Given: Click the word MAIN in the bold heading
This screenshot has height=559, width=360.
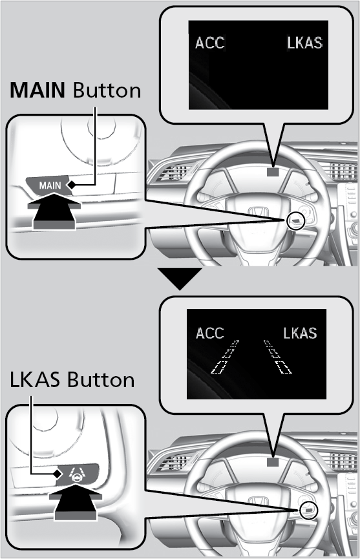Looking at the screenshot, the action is coord(37,90).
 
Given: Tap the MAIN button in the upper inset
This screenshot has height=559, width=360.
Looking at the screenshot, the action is coord(49,185).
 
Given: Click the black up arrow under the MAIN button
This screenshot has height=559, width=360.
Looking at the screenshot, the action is coord(54,211).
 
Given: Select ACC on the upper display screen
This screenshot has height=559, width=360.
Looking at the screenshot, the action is coord(210,43).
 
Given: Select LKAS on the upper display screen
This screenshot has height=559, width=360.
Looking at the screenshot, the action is coord(305,43).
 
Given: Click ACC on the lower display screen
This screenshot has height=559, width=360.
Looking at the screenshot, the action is coord(210,333).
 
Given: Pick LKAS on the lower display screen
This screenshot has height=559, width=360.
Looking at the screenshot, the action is coord(300,333).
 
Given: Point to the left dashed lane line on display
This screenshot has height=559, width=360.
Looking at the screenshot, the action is coord(224,357).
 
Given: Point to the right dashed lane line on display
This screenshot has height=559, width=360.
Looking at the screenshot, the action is coord(278,357).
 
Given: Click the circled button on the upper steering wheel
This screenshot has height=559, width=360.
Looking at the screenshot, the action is coord(295,222).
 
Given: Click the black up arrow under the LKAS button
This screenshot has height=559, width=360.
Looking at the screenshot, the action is coord(76,502).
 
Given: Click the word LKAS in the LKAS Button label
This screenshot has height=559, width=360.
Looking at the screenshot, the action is coord(35,380).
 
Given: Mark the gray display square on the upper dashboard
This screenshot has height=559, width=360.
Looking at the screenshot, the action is coord(273,172).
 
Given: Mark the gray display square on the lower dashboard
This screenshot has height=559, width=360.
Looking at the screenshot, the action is coord(273,462).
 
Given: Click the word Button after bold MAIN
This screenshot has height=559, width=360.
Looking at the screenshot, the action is coord(107,90).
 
